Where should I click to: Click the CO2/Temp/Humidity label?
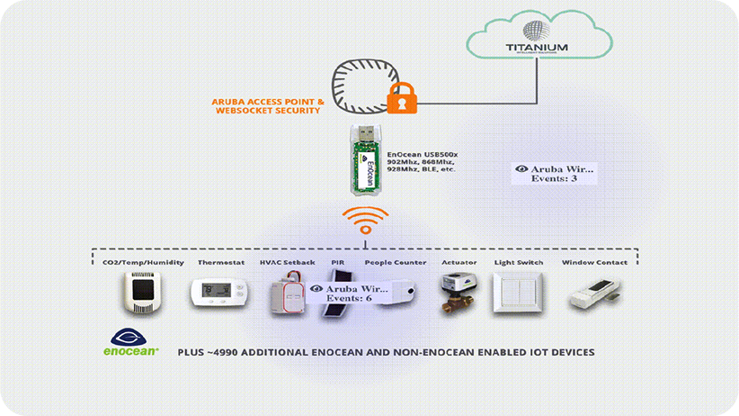tap(143, 263)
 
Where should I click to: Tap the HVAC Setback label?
tap(287, 263)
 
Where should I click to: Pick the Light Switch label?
tap(519, 263)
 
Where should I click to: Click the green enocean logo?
tap(131, 348)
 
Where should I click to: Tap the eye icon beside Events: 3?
tap(521, 168)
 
